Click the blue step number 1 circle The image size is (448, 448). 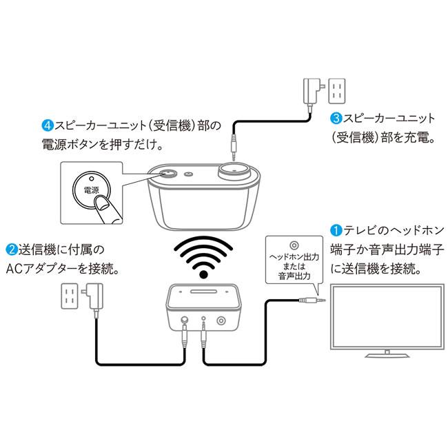336,230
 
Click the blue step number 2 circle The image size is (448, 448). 12,248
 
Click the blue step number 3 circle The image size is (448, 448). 336,118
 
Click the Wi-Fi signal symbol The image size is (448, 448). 204,256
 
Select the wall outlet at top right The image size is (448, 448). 337,90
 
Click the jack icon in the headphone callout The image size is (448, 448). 294,245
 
